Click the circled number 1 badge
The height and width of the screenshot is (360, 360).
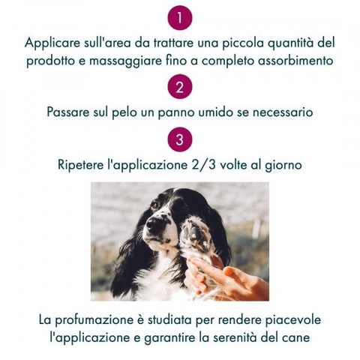tap(180, 18)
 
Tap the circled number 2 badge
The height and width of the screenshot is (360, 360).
tap(180, 86)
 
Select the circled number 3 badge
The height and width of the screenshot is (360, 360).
tap(180, 139)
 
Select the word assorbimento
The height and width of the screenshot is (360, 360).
tap(295, 61)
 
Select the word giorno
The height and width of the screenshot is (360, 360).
tap(283, 165)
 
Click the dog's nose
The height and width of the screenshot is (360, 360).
tap(153, 223)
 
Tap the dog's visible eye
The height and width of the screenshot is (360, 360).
tap(155, 205)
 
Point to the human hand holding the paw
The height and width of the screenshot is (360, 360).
tap(225, 277)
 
